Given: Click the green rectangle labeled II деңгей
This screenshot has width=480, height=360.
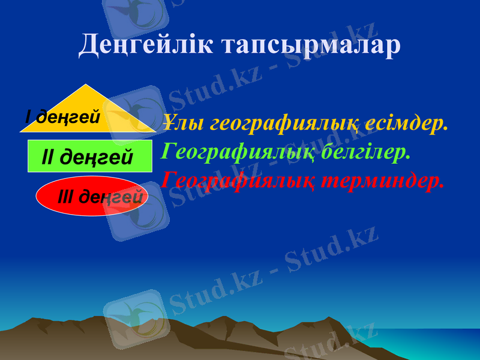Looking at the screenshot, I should [x=90, y=157].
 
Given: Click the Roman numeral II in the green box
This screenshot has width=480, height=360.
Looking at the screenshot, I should [x=48, y=158].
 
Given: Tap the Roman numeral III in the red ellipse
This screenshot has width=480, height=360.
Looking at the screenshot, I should [x=66, y=196].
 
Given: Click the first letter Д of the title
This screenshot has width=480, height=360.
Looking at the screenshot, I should [x=89, y=44].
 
